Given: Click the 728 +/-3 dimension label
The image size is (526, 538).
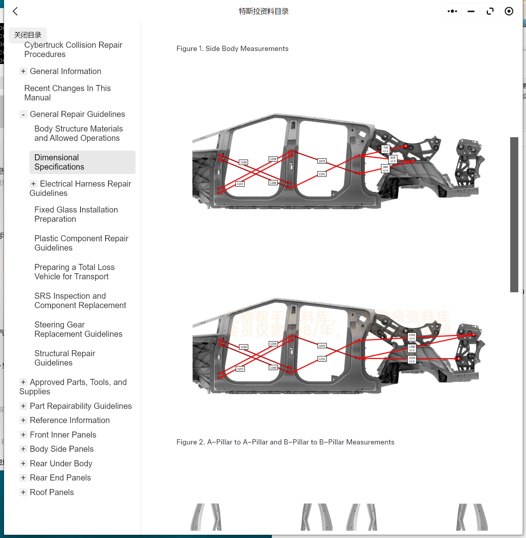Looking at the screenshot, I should click(x=386, y=149).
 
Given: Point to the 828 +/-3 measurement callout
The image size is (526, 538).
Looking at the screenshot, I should click(x=393, y=159).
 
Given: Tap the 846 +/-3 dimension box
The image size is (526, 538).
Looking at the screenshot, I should click(x=386, y=169).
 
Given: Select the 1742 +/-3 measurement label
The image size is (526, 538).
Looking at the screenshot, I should click(x=412, y=336).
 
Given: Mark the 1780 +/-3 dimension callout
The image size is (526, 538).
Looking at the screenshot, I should click(x=412, y=348).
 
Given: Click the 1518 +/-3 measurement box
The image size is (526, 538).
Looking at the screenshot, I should click(x=412, y=359).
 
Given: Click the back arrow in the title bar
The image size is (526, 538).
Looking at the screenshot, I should click(x=15, y=11).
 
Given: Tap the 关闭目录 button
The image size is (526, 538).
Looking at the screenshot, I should click(x=28, y=35).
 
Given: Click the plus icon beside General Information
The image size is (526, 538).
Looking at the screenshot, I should click(x=23, y=71).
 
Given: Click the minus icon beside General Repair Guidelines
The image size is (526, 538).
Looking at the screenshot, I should click(x=23, y=115).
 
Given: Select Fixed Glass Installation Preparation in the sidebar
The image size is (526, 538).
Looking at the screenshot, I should click(x=76, y=214).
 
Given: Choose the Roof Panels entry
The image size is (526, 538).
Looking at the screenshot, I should click(x=52, y=492).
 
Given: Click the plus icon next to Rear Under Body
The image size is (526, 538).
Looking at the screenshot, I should click(x=23, y=464).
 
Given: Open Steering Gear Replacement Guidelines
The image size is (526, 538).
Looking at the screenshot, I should click(x=78, y=329).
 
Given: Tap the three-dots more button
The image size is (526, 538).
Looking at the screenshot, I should click(x=452, y=11).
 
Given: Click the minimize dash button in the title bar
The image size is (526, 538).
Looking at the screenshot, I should click(x=471, y=11).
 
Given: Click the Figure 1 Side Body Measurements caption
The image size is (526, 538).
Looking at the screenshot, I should click(x=232, y=49).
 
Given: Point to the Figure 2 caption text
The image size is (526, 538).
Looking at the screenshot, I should click(x=285, y=442).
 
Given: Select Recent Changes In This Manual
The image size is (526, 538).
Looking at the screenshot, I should click(x=67, y=93).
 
